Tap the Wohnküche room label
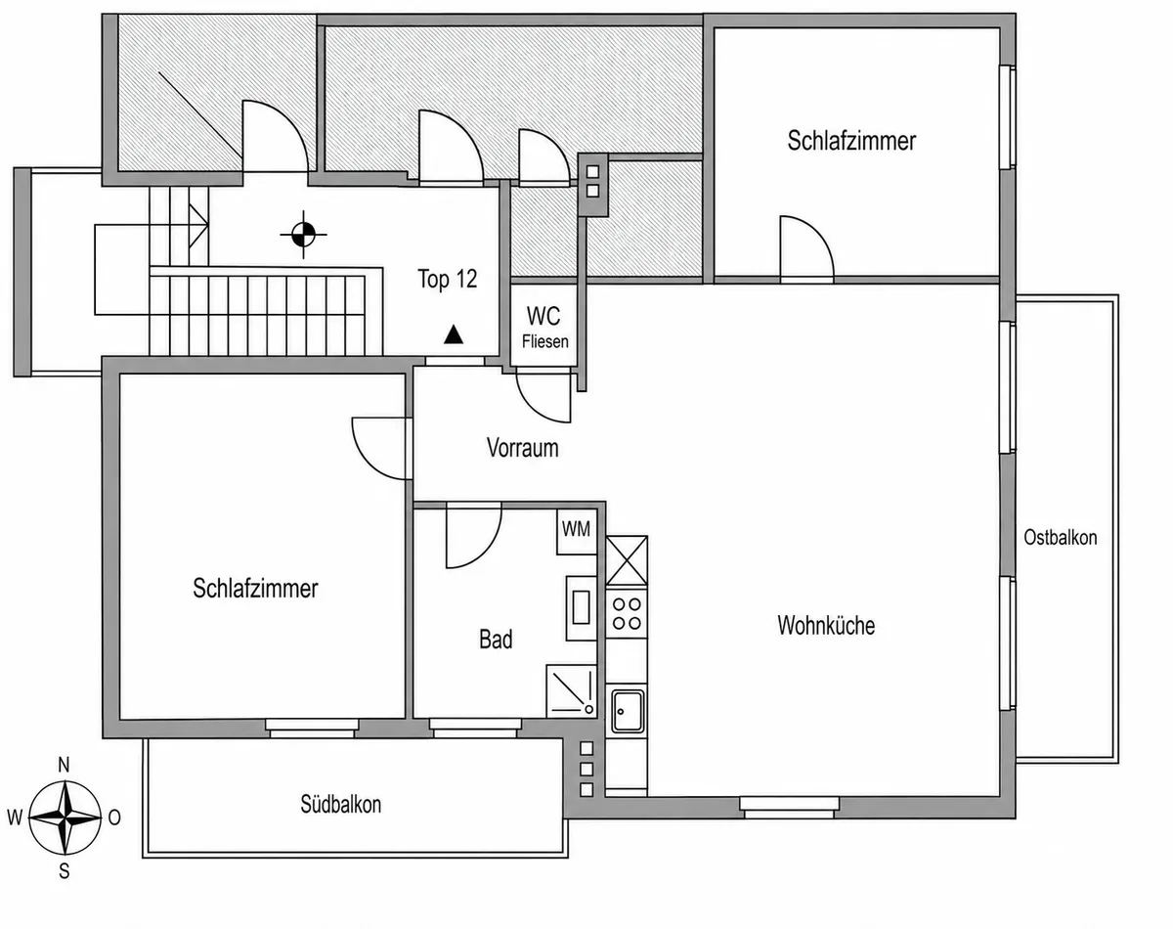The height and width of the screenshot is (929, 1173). point(826,626)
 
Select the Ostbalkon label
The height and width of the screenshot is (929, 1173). point(1061,537)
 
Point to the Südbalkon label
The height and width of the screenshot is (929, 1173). point(341,804)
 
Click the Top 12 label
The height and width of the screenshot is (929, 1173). point(448,279)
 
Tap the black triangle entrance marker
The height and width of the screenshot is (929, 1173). point(453,334)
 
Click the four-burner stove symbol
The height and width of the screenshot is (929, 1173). point(627,614)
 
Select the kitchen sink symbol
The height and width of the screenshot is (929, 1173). point(628,711)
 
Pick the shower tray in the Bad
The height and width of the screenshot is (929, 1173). point(571,691)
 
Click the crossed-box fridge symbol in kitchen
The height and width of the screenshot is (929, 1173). point(627,560)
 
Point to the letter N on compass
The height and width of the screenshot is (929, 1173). point(64,766)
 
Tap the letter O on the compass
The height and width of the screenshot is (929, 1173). point(114,818)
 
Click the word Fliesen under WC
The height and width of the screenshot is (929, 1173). point(544,341)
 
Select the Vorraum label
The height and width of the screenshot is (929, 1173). point(522,448)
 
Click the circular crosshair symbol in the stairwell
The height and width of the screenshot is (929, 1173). point(303,235)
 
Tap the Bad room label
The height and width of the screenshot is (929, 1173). point(496,640)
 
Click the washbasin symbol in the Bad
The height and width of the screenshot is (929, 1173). point(581,607)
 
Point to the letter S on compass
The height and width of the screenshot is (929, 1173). point(65,871)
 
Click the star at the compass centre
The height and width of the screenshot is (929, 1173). point(65,818)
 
